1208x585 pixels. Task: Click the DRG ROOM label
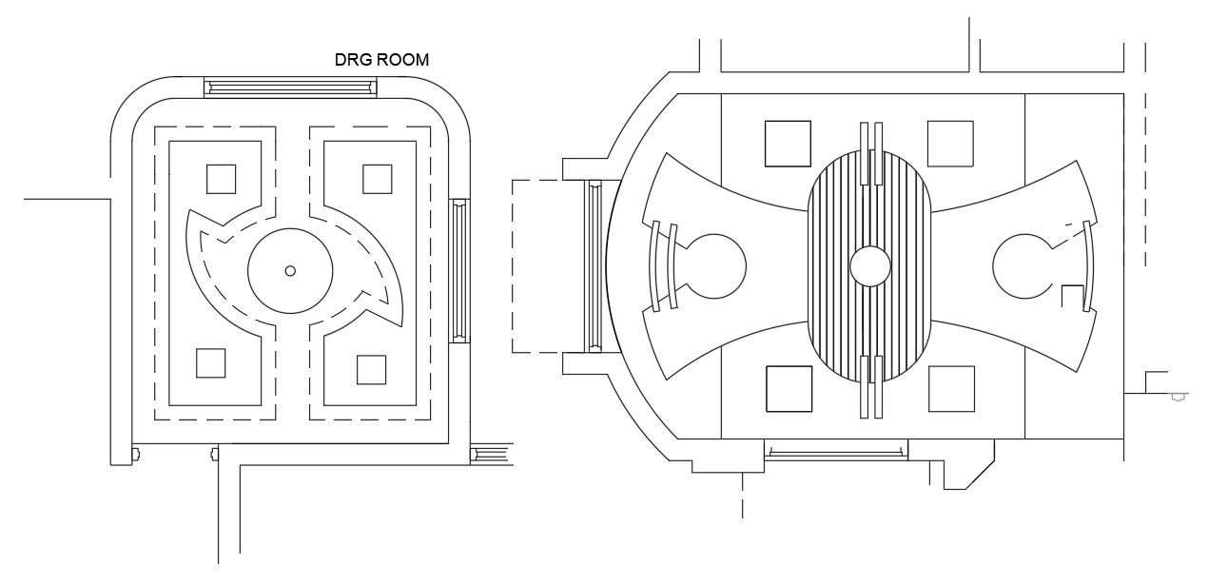click(381, 59)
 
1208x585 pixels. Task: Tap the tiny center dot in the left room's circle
click(290, 271)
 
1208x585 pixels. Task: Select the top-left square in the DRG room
click(221, 179)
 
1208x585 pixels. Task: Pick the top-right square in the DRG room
click(377, 179)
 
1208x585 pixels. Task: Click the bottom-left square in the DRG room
click(211, 362)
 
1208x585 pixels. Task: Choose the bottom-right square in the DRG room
click(372, 370)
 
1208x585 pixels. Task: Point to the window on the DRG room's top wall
click(290, 88)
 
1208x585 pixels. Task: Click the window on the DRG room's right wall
click(459, 271)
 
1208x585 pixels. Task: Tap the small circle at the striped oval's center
click(870, 266)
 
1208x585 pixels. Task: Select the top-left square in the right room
click(788, 144)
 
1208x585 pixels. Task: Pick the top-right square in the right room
click(950, 144)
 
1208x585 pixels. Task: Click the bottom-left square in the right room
click(789, 389)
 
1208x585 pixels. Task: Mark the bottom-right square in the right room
click(951, 389)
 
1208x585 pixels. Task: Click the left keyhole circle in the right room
click(714, 266)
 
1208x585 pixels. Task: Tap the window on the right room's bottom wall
click(836, 450)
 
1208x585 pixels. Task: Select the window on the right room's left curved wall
click(594, 266)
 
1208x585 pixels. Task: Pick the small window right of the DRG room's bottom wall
click(492, 454)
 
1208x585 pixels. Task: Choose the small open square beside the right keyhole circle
click(1073, 296)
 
